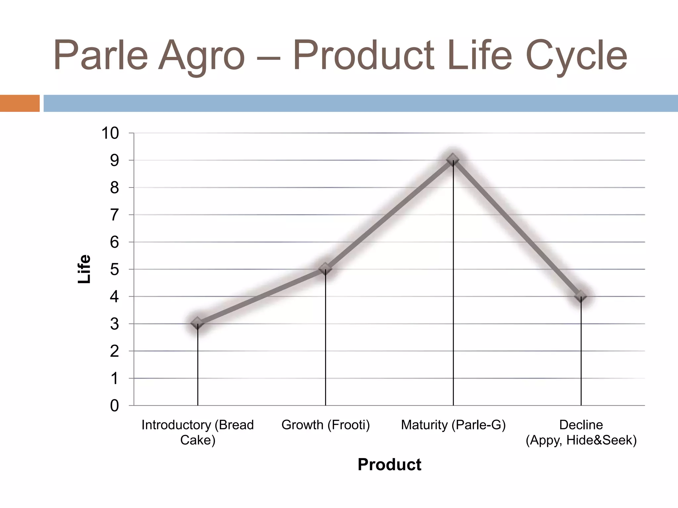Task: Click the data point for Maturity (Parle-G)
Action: tap(453, 160)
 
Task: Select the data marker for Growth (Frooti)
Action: tap(325, 269)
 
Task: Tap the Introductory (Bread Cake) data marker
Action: tap(198, 323)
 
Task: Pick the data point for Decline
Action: tap(581, 296)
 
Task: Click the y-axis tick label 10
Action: tap(110, 133)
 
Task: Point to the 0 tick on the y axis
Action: tap(114, 405)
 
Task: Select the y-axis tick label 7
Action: tap(114, 215)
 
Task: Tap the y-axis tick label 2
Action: tap(114, 351)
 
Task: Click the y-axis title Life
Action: tap(84, 269)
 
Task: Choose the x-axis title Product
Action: tap(389, 465)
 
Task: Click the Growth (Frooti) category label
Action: tap(325, 425)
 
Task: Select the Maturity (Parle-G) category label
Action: tap(453, 425)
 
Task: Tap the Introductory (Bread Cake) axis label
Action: tap(198, 432)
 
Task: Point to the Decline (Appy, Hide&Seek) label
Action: tap(581, 432)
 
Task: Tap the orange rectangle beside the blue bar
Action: tap(20, 103)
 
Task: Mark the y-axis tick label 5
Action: tap(114, 270)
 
